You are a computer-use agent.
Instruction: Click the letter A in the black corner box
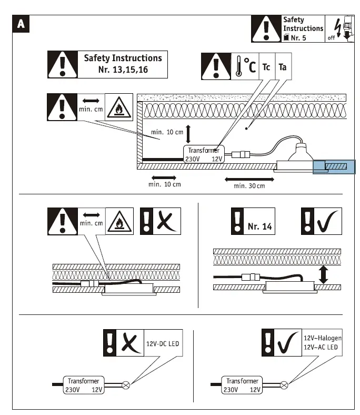(x=21, y=23)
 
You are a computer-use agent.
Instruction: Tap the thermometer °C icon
(x=245, y=67)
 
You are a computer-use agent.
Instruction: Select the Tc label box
(x=267, y=67)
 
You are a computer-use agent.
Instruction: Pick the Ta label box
(x=283, y=67)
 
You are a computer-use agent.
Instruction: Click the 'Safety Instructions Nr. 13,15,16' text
(x=123, y=64)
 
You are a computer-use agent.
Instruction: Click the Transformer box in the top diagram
(x=203, y=154)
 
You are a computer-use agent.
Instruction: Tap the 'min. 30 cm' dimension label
(x=249, y=185)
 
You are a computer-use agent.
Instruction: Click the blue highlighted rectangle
(x=334, y=167)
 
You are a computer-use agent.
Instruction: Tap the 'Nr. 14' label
(x=259, y=227)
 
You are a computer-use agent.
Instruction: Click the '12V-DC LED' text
(x=162, y=344)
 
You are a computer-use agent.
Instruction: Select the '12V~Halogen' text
(x=323, y=338)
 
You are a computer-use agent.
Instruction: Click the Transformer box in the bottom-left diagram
(x=83, y=385)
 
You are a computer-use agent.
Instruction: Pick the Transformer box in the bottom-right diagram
(x=242, y=385)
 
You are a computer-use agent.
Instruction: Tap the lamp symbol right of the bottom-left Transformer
(x=126, y=385)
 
